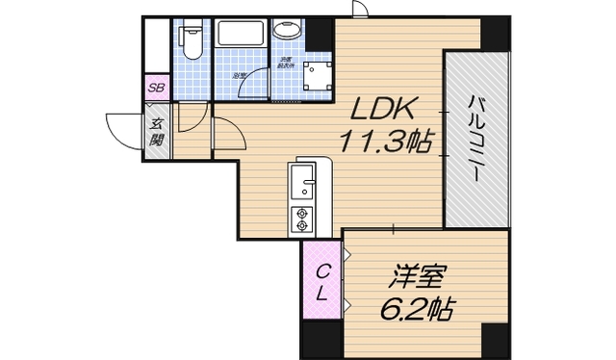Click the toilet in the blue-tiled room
pyautogui.click(x=192, y=39)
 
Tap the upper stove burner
pyautogui.click(x=302, y=212)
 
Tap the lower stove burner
pyautogui.click(x=302, y=227)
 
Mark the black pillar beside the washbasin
pyautogui.click(x=318, y=35)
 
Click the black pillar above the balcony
pyautogui.click(x=495, y=34)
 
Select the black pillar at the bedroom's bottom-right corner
pyautogui.click(x=495, y=340)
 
